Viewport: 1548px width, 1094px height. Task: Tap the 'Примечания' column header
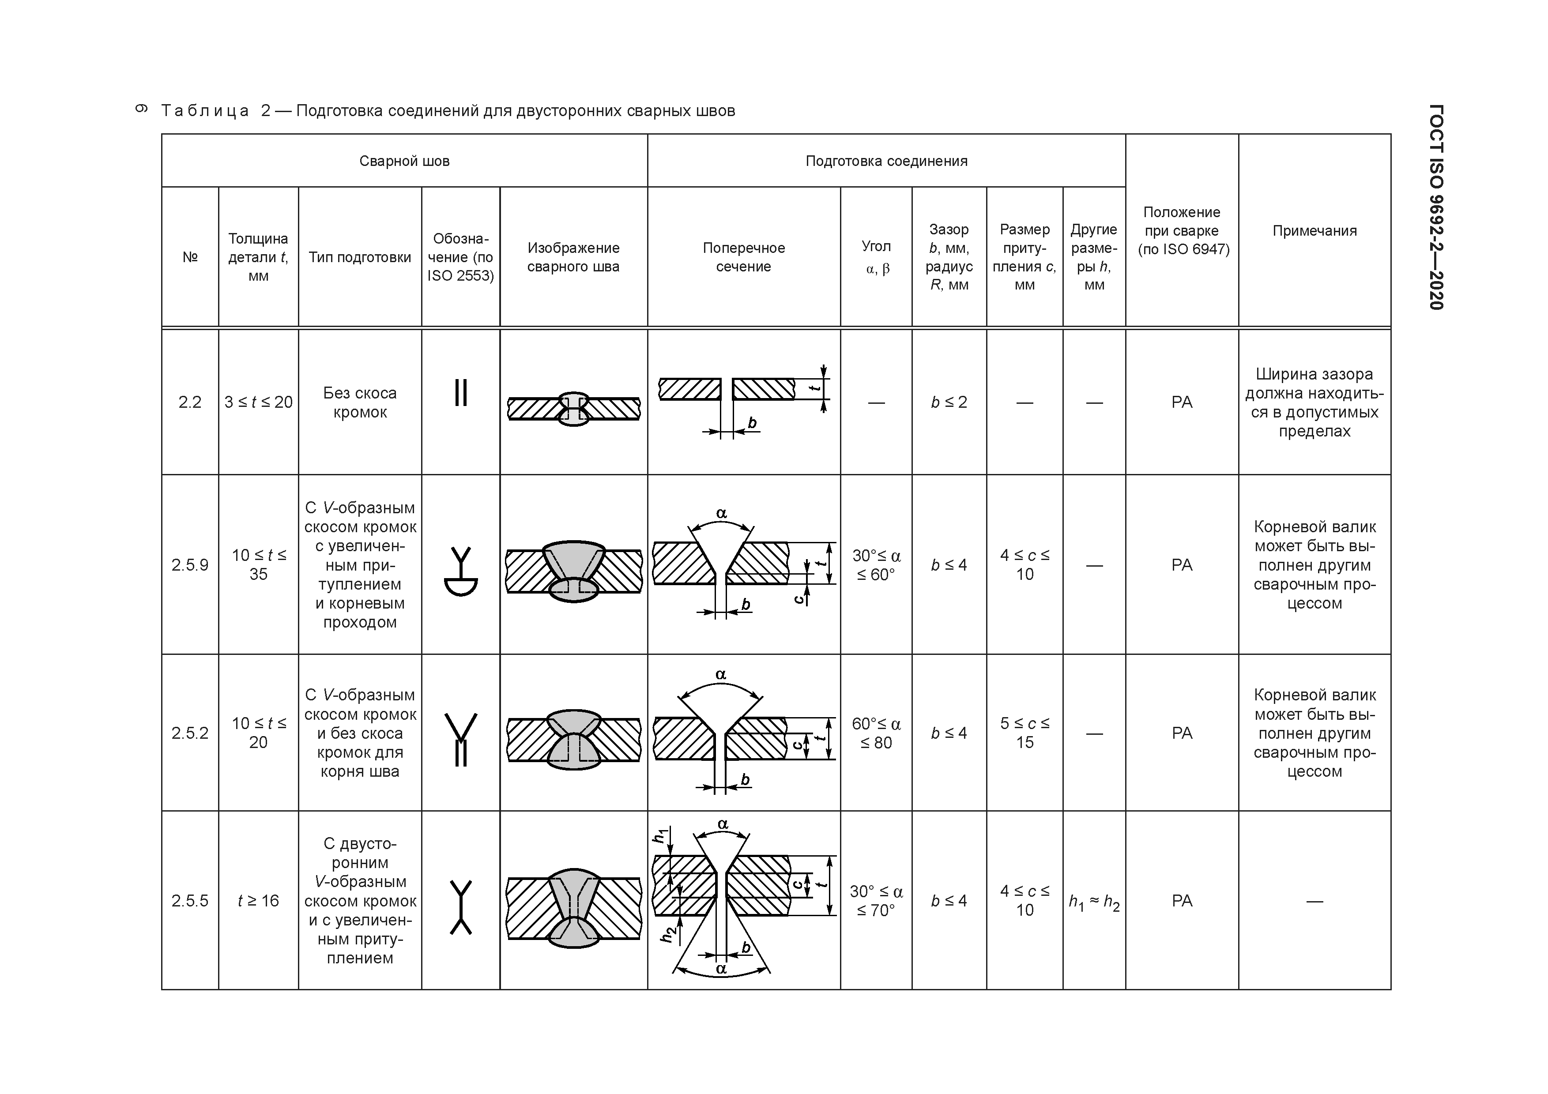[x=1314, y=230]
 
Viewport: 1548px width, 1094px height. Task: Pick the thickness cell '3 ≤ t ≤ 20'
[x=258, y=402]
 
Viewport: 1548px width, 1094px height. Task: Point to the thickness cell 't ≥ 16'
[x=258, y=901]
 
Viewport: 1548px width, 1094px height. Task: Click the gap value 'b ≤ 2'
[x=949, y=402]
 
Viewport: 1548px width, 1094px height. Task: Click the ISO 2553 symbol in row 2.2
[x=460, y=392]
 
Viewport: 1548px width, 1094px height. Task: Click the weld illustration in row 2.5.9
[x=573, y=570]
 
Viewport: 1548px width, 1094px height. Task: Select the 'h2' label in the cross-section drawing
[x=667, y=933]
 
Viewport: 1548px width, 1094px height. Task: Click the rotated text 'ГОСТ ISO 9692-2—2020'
[x=1435, y=207]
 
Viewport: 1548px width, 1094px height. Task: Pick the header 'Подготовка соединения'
[x=886, y=161]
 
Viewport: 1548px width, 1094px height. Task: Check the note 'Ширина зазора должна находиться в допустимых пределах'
[x=1314, y=402]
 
